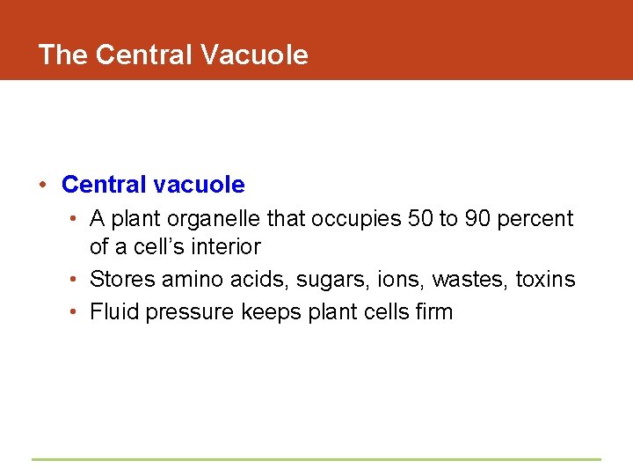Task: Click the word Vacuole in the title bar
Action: point(254,55)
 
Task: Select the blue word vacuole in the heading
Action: point(200,185)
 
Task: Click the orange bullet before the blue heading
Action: point(41,185)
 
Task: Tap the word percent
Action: point(535,218)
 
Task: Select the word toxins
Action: point(545,280)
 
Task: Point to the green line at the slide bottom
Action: point(316,459)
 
